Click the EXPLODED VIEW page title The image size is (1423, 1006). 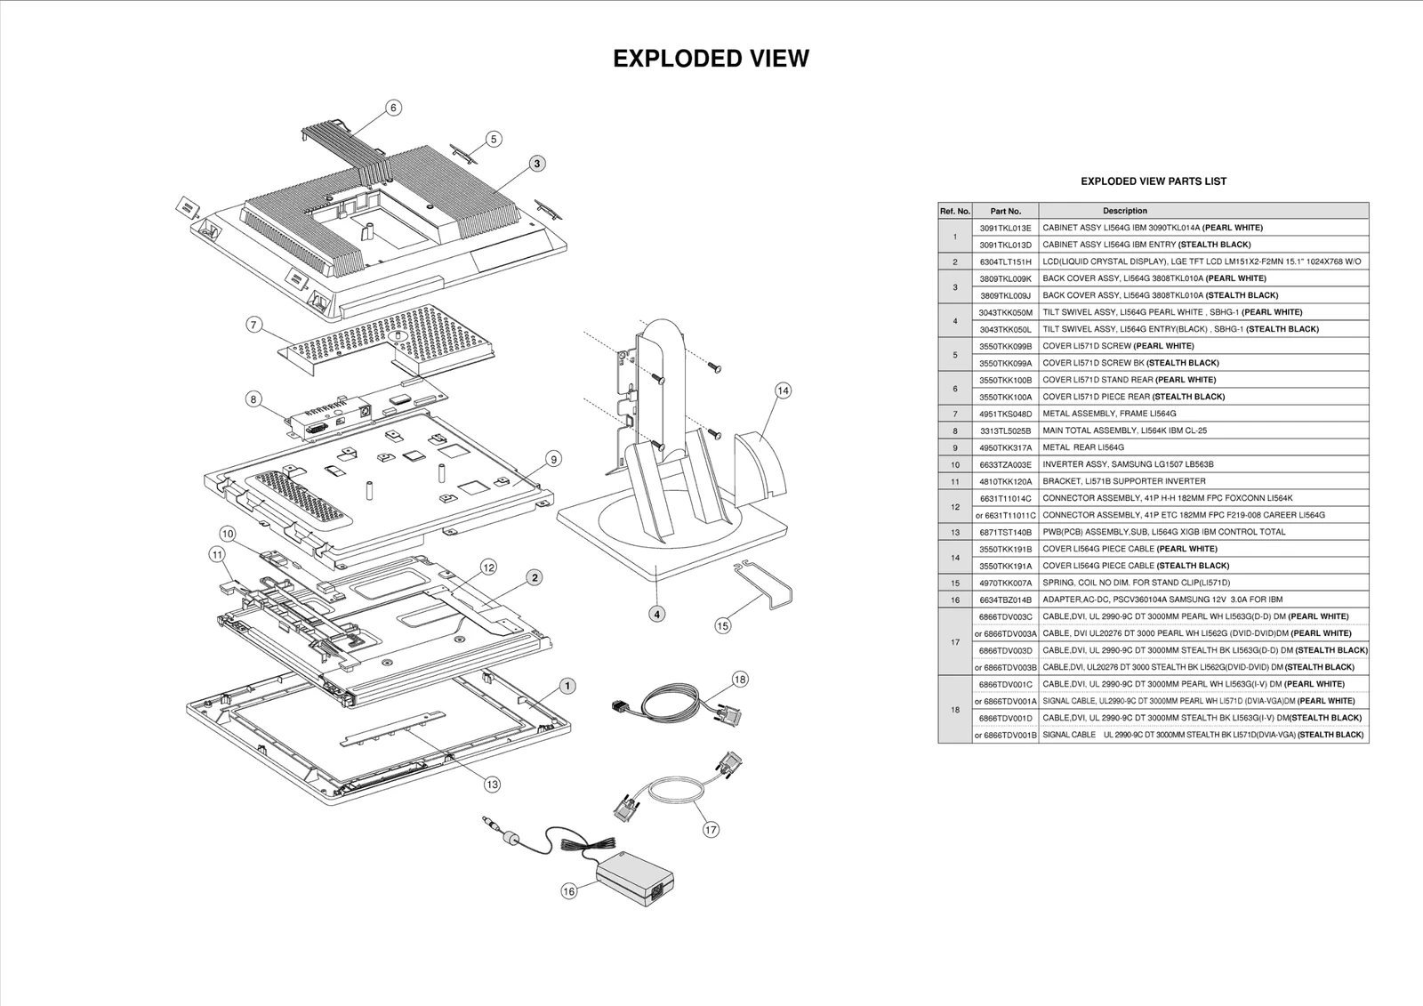pos(711,59)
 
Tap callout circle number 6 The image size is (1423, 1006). pos(393,108)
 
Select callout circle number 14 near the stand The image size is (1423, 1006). pos(783,390)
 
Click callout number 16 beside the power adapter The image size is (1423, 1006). pos(569,891)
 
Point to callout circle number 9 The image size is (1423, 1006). pos(553,459)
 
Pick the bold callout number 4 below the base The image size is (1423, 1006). pos(656,614)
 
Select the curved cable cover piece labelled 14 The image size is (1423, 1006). pos(761,463)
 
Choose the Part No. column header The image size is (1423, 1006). pos(1005,211)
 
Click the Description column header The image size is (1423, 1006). pos(1124,211)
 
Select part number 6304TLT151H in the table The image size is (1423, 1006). pos(1005,262)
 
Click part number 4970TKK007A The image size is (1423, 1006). pos(1005,583)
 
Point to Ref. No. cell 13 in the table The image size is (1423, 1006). pos(954,532)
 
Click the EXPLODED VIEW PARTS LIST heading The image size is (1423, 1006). pos(1153,181)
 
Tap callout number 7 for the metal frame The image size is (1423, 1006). pos(253,326)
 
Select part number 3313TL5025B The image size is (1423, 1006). pos(1005,431)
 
